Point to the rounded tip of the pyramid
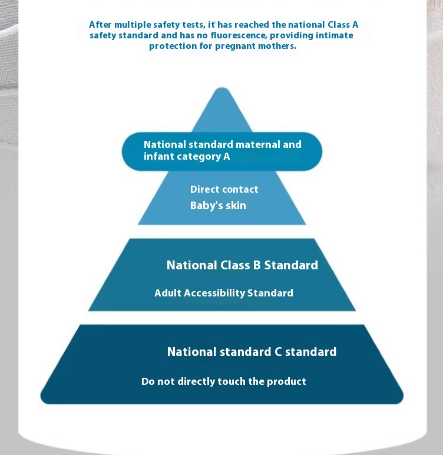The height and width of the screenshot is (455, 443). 222,88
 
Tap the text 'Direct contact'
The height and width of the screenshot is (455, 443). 224,189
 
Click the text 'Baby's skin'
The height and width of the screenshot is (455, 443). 218,206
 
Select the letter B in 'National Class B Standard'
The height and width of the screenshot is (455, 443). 257,265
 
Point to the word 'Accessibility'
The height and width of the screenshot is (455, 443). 214,293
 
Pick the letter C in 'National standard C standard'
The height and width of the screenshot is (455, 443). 278,352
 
